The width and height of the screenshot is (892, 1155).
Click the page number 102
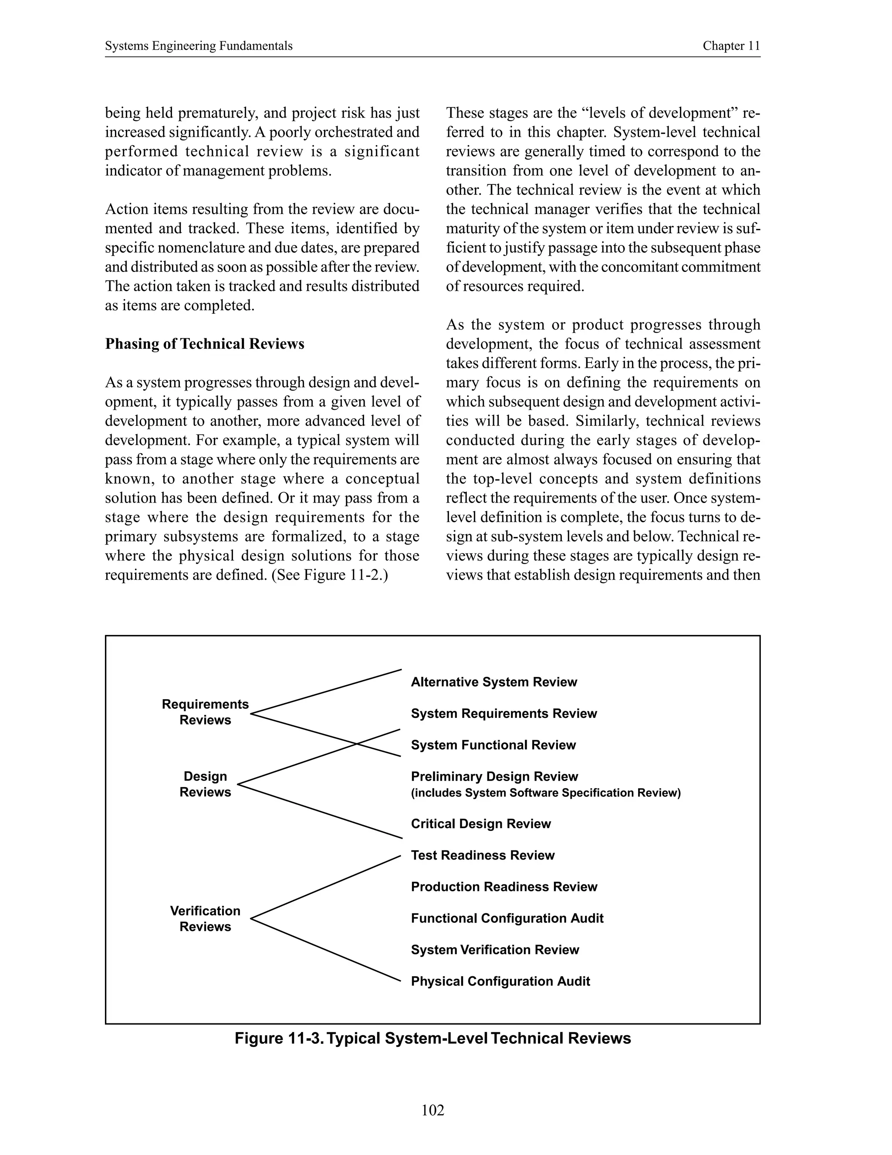click(433, 1110)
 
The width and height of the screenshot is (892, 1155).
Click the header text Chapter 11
click(731, 46)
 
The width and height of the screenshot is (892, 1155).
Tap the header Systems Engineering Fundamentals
click(199, 46)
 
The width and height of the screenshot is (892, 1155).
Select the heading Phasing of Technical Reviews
click(205, 344)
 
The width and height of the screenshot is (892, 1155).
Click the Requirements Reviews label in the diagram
click(205, 712)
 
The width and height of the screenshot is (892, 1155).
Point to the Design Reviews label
click(205, 784)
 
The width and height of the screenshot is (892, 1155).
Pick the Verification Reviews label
click(205, 919)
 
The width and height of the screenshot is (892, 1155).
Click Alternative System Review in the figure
click(493, 682)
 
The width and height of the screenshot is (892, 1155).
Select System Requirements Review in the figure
click(503, 713)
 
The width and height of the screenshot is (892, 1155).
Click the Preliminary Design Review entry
click(494, 776)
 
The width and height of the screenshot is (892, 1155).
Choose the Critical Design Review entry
click(480, 823)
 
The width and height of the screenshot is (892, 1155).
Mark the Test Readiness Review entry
click(483, 855)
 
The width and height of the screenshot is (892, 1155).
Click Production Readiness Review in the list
click(503, 887)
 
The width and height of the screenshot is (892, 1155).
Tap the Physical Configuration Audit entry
click(500, 981)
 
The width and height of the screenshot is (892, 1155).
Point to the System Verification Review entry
click(495, 950)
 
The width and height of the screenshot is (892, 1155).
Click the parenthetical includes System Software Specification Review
click(545, 793)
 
